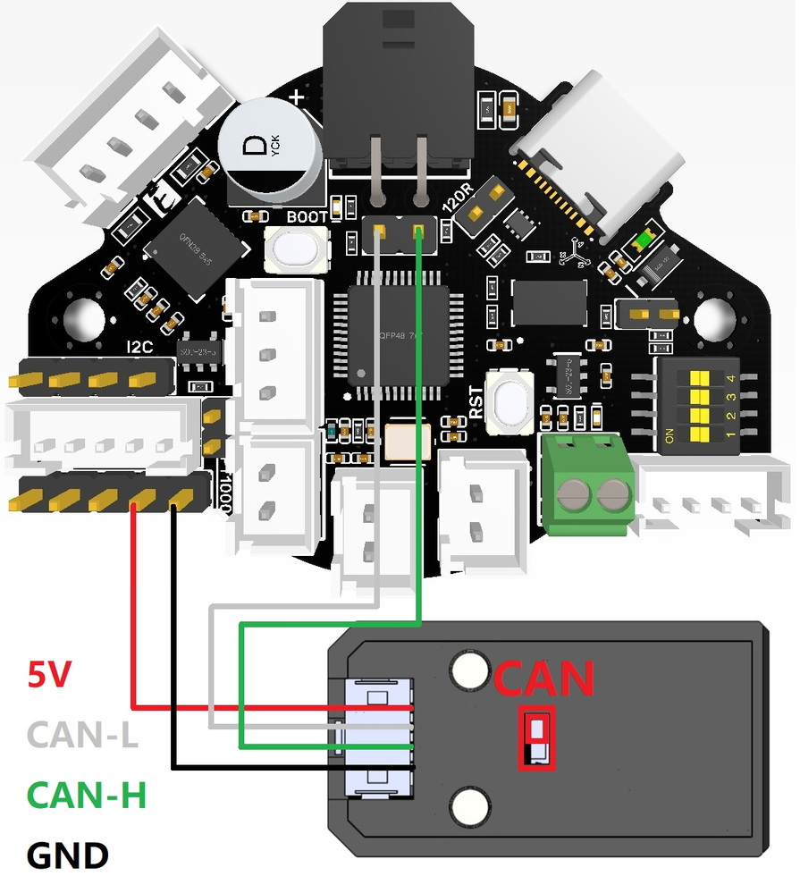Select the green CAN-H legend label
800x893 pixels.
point(87,794)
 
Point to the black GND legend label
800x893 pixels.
point(68,855)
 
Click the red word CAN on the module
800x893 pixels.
point(543,679)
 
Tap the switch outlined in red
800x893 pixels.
point(537,738)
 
